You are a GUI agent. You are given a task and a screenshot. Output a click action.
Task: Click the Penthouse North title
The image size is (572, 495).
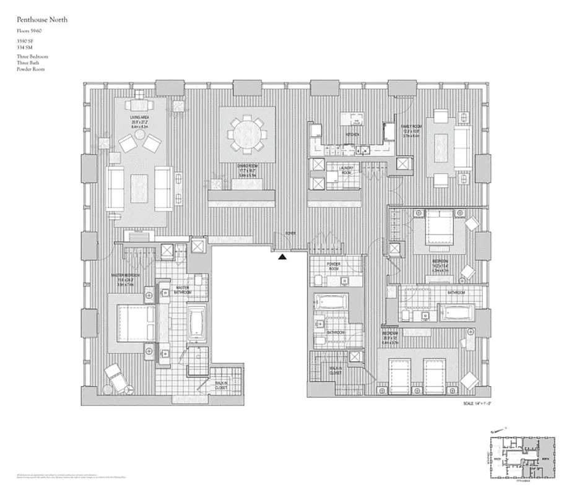[x=42, y=20]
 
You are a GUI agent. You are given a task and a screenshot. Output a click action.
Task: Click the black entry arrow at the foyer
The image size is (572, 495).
[x=282, y=256]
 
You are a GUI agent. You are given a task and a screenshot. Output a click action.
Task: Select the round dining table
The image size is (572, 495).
[x=247, y=132]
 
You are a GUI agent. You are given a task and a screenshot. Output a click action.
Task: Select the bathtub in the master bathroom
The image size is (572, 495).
[x=197, y=322]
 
